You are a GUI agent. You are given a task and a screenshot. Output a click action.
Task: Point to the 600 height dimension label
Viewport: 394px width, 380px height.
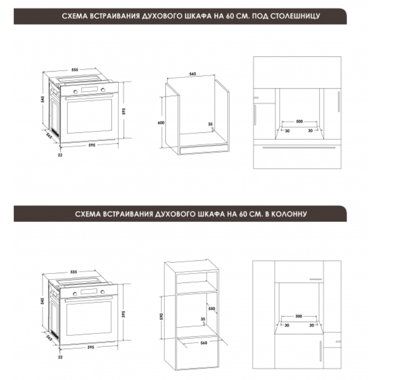point(161,123)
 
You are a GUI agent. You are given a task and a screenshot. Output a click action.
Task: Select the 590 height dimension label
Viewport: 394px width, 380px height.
point(161,316)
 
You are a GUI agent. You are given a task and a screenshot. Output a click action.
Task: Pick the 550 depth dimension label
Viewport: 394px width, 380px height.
point(212,308)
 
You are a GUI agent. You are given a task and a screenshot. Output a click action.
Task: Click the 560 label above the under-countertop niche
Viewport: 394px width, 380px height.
point(192,74)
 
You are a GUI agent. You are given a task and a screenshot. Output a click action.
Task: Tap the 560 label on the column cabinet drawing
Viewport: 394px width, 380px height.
point(204,343)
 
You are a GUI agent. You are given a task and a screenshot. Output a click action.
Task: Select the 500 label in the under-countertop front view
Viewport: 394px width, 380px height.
point(299,122)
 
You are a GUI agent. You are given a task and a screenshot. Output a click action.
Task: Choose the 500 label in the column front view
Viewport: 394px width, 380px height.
point(298,316)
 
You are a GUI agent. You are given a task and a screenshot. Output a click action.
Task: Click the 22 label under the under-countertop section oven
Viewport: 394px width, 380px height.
point(60,155)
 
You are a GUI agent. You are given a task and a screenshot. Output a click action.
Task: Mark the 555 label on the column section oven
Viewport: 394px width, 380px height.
point(74,272)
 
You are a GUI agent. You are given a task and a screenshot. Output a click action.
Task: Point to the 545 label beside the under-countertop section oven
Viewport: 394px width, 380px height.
point(43,99)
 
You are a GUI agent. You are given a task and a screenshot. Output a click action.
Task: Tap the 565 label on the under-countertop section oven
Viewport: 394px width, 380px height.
point(49,136)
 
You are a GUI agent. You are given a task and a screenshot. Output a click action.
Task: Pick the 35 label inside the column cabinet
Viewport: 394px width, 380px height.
point(203,319)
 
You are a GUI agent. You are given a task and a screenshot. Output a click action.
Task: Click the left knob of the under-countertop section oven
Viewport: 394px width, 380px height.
point(76,92)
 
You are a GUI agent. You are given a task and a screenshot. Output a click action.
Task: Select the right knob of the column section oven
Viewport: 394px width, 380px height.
point(103,292)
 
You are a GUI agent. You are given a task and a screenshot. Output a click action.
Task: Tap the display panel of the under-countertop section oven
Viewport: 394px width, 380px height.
point(89,89)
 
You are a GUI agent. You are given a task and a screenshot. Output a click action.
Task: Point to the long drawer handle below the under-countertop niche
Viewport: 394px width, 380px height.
point(299,148)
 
